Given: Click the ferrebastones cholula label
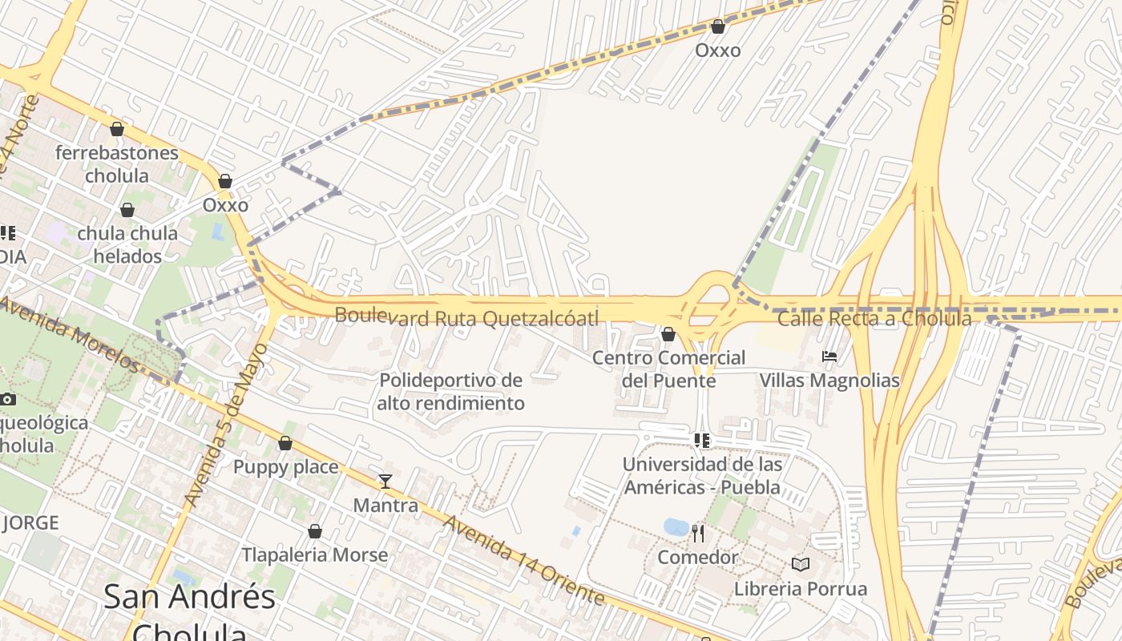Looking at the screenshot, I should point(117,163).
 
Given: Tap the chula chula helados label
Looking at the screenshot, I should point(127,244).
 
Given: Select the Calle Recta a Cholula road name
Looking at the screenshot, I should point(874,319).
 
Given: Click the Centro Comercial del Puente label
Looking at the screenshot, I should point(668,369).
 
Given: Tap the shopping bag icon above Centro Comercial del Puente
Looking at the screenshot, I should point(668,333).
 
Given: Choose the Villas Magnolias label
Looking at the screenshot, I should point(829,380).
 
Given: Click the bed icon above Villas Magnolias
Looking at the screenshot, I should point(829,356).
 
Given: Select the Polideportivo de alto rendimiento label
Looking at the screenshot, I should point(450,391).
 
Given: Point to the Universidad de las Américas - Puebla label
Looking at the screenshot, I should point(702,475).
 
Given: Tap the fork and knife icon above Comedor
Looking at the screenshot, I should point(698,533).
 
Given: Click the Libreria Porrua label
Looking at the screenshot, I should point(800,589).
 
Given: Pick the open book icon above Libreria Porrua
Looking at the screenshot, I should point(800,565).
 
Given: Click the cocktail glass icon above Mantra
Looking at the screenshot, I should point(385,482).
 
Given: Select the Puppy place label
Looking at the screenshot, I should point(285,466).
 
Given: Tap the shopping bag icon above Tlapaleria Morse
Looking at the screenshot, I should point(315,531).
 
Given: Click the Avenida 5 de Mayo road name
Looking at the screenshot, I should point(226,425).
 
